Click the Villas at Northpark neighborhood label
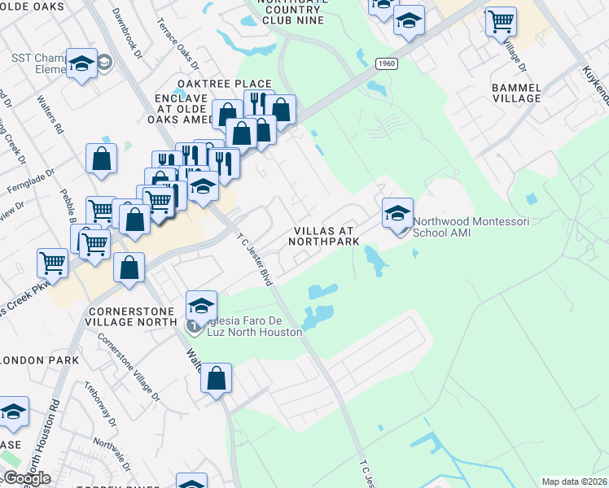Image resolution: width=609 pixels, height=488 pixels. coord(326,235)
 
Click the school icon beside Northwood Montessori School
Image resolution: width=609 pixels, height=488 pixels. coord(397,214)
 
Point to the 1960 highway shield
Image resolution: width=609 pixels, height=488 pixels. coord(386,63)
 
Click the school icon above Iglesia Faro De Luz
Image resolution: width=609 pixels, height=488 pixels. coord(201,306)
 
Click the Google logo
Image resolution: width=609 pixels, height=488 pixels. coord(27,478)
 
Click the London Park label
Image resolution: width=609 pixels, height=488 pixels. coord(41,359)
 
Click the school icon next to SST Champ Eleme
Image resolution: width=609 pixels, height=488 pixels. coord(81,65)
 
